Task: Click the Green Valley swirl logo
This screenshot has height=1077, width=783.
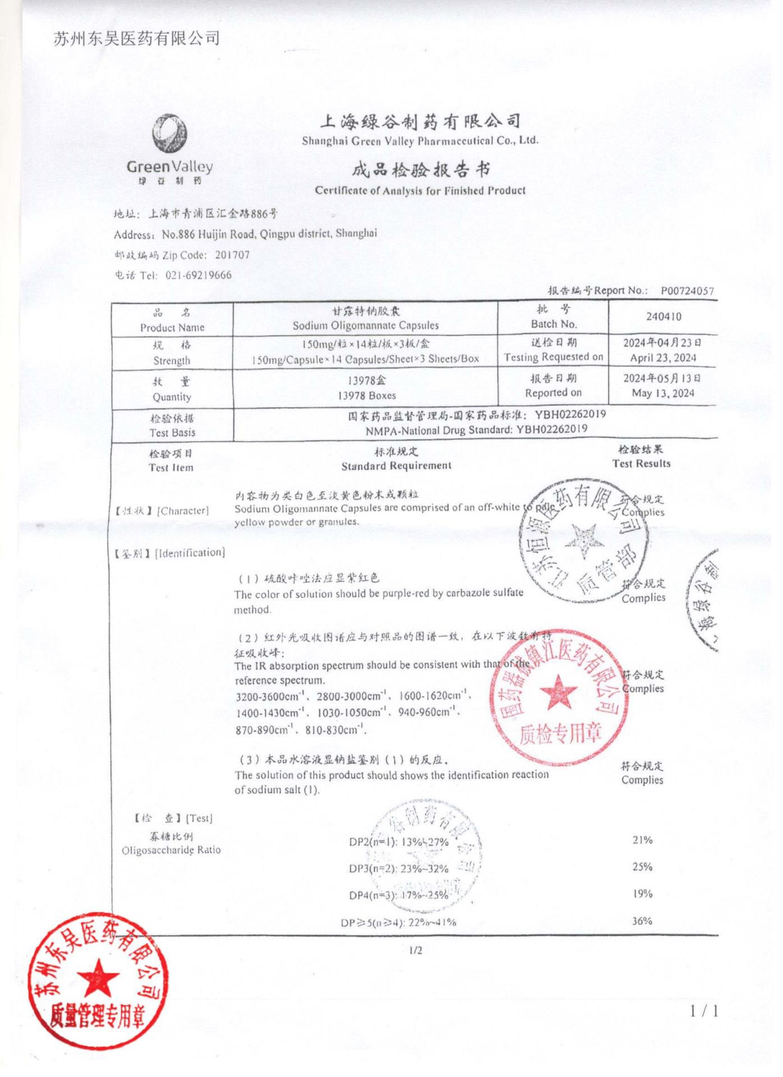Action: click(169, 134)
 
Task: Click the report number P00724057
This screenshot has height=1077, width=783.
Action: click(687, 291)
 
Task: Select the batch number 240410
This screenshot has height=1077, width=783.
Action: click(664, 316)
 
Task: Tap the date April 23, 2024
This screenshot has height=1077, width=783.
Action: click(662, 358)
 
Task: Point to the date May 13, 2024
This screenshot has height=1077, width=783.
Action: click(663, 393)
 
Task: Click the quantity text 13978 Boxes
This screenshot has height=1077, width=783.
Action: click(366, 395)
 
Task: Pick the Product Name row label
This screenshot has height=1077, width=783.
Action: click(172, 327)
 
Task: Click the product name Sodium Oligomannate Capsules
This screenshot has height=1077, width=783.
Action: click(366, 325)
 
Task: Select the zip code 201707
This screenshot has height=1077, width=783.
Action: click(232, 255)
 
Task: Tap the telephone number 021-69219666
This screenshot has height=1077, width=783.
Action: click(198, 275)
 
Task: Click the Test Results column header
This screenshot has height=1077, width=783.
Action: click(641, 463)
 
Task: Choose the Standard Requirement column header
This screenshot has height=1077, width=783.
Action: click(396, 466)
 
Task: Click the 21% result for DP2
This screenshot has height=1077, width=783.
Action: click(642, 840)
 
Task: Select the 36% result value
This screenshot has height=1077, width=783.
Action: click(642, 920)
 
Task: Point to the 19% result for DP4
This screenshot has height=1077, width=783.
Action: click(642, 894)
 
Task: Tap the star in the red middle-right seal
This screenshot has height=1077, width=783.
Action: click(559, 691)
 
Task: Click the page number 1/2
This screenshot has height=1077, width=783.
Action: click(416, 950)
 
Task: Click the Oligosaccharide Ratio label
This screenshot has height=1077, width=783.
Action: click(171, 850)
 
